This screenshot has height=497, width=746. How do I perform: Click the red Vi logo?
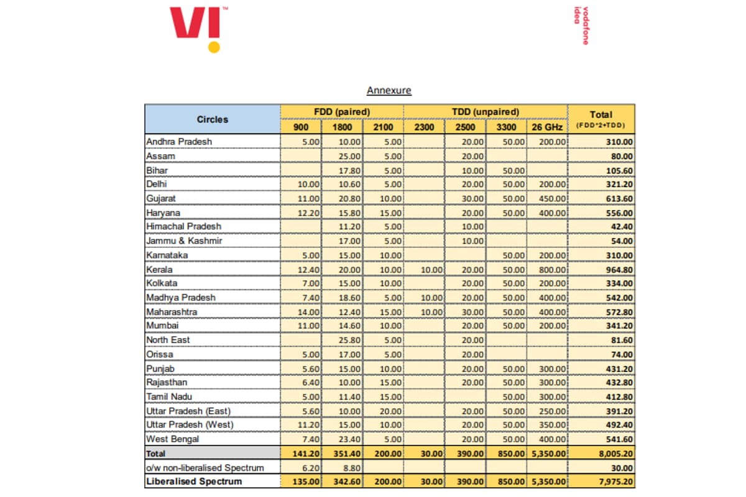coord(195,22)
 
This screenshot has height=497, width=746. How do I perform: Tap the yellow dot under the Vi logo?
coord(214,47)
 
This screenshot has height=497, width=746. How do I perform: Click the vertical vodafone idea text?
coord(581,25)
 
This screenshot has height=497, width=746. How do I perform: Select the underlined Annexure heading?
coord(389,90)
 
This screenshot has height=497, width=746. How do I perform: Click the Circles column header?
coord(213,119)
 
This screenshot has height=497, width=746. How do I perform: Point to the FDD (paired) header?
coord(342,112)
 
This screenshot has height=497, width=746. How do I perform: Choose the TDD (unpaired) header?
coord(486,112)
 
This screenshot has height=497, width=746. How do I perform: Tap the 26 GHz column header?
coord(547,127)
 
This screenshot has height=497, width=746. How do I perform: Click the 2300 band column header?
coord(424,127)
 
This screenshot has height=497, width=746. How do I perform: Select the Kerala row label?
coord(160,269)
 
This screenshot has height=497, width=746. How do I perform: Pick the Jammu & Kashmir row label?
coord(184,240)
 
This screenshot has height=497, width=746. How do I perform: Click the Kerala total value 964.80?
coord(619,270)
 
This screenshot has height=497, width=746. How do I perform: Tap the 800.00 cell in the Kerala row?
coord(553,270)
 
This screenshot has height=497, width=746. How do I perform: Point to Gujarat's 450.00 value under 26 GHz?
coord(553,199)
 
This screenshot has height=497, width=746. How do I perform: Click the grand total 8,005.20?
coord(616,454)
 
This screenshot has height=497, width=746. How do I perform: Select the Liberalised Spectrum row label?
coord(194,481)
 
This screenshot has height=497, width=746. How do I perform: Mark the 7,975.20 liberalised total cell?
coord(616,481)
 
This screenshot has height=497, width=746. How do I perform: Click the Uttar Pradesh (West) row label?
coord(190,425)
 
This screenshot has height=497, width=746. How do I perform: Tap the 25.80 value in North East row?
coord(349,340)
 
